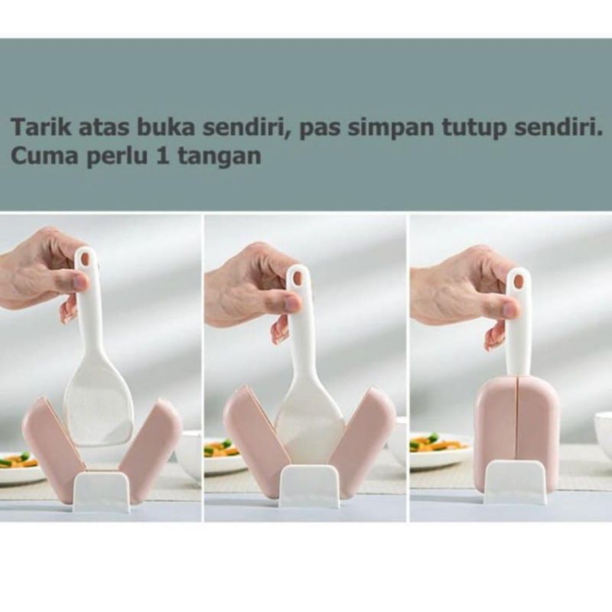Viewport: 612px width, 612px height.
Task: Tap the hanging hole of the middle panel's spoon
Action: click(x=297, y=277)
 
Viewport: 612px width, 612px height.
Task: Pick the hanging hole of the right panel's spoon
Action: click(x=518, y=280)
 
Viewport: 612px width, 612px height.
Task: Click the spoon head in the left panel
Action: click(x=99, y=405)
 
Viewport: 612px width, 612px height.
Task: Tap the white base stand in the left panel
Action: click(x=102, y=491)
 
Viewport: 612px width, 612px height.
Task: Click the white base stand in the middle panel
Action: click(x=309, y=487)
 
